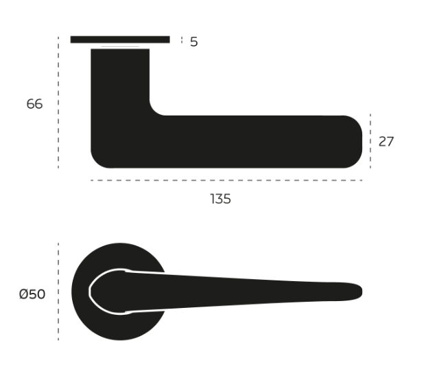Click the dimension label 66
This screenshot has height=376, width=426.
pyautogui.click(x=34, y=104)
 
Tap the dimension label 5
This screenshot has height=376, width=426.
pyautogui.click(x=194, y=42)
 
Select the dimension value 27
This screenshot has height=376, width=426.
pyautogui.click(x=386, y=142)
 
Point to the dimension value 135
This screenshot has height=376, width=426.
pyautogui.click(x=221, y=199)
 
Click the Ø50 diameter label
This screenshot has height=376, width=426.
pyautogui.click(x=32, y=294)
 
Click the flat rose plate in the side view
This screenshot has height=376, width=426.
pyautogui.click(x=120, y=39)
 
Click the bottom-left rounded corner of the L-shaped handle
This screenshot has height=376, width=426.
pyautogui.click(x=97, y=162)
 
